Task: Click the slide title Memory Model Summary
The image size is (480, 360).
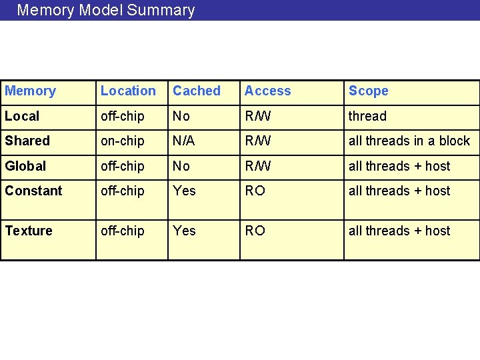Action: coord(106,10)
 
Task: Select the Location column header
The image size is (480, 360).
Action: coord(128,91)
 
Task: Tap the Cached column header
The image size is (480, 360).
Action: coord(197,91)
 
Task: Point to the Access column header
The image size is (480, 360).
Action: coord(267,91)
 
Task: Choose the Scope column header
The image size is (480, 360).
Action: coord(368,91)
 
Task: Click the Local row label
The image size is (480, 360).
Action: coord(22,116)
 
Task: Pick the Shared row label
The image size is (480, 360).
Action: coord(27,141)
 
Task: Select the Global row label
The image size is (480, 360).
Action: coord(25,166)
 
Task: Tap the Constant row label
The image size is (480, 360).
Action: coord(33,191)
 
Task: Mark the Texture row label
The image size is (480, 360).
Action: coord(29,231)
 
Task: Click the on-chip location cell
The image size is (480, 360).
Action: coord(122,141)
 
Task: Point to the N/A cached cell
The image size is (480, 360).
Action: coord(183,141)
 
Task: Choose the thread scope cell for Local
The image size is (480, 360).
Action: coord(367,116)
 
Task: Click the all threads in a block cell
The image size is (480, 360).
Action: coord(409,141)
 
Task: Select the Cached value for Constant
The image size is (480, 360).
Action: coord(184,191)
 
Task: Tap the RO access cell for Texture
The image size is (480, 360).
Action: coord(255,231)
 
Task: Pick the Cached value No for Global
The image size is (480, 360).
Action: coord(181,166)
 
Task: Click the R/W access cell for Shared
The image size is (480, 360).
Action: coord(257,141)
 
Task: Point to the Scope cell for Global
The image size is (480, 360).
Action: coord(399,166)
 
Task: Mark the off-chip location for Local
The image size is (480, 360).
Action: coord(122,116)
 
